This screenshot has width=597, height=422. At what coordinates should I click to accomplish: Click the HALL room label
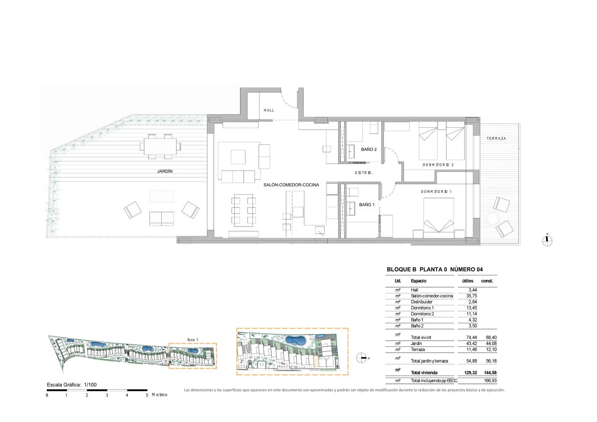[x=269, y=110]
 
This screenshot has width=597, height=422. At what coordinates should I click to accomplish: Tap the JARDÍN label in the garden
[x=165, y=171]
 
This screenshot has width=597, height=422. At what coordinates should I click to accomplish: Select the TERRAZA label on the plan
[x=496, y=139]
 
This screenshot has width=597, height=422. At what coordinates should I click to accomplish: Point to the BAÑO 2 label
[x=369, y=149]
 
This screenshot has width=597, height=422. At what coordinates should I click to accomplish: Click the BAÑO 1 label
[x=367, y=205]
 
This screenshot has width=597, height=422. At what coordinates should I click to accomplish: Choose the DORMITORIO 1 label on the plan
[x=436, y=192]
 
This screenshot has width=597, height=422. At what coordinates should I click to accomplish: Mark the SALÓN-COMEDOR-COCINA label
[x=291, y=185]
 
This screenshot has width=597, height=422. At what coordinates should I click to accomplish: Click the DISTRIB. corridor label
[x=364, y=173]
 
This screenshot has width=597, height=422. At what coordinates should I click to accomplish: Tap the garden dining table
[x=160, y=146]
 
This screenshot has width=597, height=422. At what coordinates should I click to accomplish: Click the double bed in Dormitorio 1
[x=439, y=218]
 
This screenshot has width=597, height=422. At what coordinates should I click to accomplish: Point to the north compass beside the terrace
[x=547, y=241]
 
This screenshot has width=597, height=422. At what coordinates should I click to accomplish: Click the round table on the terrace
[x=493, y=219]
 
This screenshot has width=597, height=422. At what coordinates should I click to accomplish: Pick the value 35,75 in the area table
[x=471, y=296]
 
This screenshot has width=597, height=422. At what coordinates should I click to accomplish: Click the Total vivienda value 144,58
[x=490, y=373]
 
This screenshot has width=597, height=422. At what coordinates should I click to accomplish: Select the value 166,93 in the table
[x=490, y=381]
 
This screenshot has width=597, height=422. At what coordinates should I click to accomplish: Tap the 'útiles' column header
[x=468, y=281]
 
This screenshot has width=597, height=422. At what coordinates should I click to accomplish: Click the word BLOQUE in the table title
[x=401, y=269]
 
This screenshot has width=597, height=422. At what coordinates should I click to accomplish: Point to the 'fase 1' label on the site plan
[x=192, y=339]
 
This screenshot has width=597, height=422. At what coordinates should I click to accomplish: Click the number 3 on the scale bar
[x=107, y=395]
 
